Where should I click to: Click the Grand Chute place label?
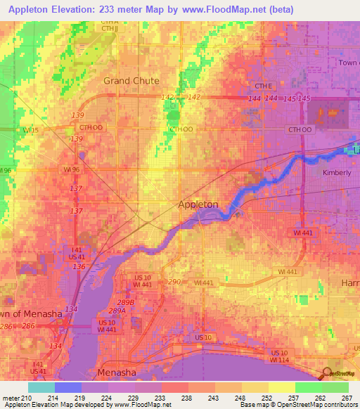click(131, 81)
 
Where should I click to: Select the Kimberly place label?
click(336, 173)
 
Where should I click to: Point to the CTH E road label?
click(263, 86)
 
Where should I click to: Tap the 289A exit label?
click(117, 311)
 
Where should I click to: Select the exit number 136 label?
click(79, 267)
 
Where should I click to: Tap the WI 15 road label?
click(31, 130)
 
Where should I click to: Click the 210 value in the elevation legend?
click(26, 398)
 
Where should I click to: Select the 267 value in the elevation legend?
click(347, 398)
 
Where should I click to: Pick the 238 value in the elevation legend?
click(187, 398)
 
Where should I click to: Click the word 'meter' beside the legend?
click(10, 398)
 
